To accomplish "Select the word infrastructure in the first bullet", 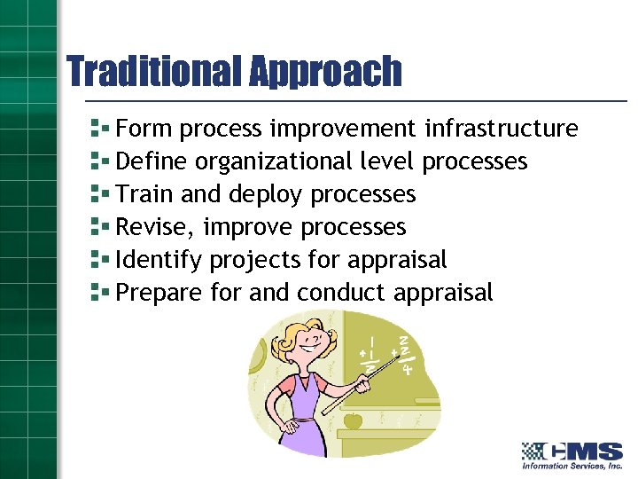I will point(501,129).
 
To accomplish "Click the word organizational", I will point(273,162).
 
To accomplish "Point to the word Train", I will point(141,194).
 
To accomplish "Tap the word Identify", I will point(159,261).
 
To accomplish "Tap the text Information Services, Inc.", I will point(572,466).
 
